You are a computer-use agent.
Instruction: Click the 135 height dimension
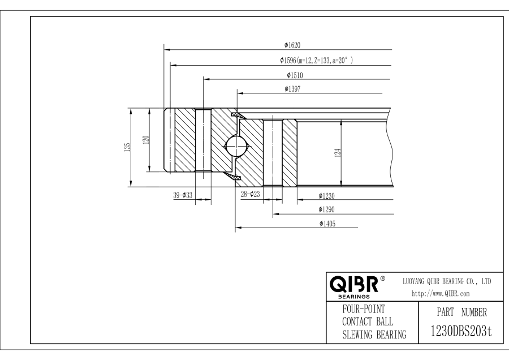coord(128,147)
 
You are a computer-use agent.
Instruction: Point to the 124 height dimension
coord(338,153)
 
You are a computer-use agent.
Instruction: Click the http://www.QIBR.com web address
coord(442,293)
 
